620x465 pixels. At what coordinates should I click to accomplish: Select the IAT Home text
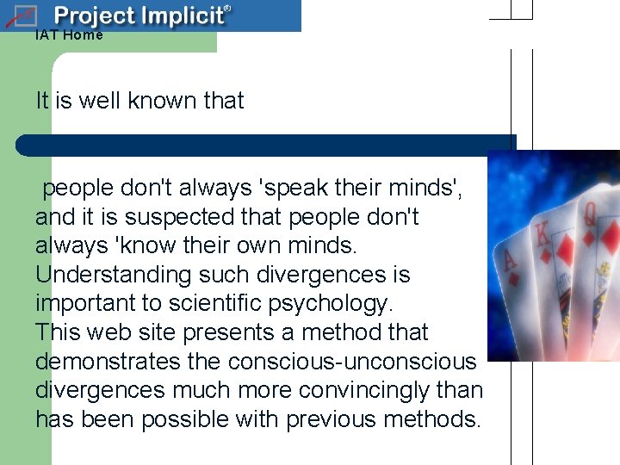pyautogui.click(x=69, y=35)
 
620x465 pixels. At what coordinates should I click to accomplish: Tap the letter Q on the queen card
pyautogui.click(x=591, y=214)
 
